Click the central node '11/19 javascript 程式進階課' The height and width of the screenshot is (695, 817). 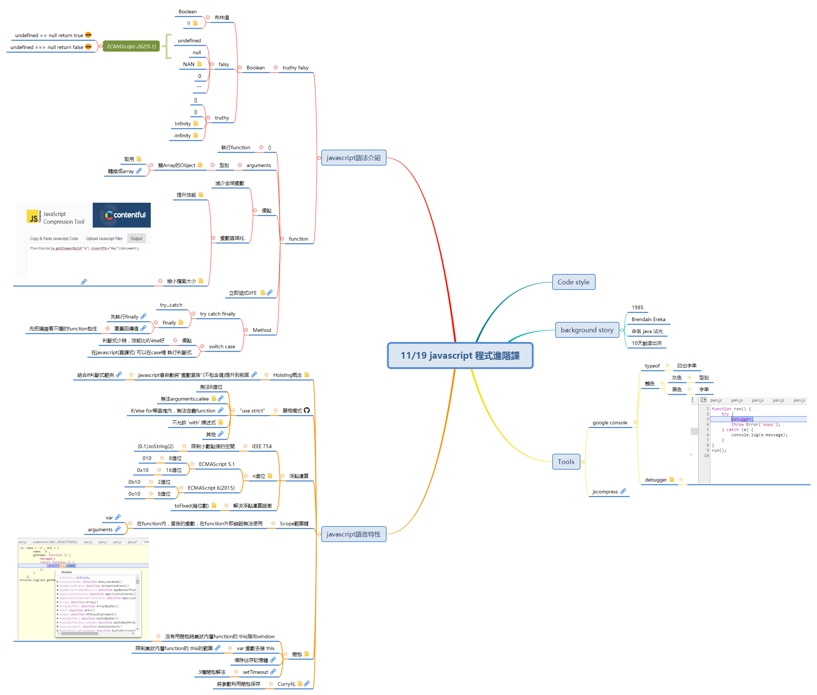(459, 355)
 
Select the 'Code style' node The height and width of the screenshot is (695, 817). (573, 282)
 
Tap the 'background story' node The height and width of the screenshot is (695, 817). (586, 330)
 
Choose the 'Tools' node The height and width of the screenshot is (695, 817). (566, 462)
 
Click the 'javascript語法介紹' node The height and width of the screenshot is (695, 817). (353, 157)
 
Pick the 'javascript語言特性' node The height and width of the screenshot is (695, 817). (353, 534)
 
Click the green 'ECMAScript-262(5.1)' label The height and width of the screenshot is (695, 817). (131, 46)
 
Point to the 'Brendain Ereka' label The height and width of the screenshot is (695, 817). (648, 319)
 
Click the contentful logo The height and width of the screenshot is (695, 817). (121, 215)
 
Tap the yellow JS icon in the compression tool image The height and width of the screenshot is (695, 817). (33, 217)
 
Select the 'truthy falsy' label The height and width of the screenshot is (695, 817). (295, 68)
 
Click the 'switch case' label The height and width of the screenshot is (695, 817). (221, 346)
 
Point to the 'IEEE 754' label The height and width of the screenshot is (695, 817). (261, 446)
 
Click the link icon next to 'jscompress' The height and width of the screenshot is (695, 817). (623, 491)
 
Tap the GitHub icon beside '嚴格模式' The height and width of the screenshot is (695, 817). (307, 410)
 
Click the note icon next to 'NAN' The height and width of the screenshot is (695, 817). (199, 64)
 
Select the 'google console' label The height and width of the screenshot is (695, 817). (609, 422)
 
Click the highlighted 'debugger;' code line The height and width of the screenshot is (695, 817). (742, 419)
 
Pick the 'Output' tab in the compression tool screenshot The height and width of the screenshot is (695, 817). (136, 238)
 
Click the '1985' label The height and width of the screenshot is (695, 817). (637, 307)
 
